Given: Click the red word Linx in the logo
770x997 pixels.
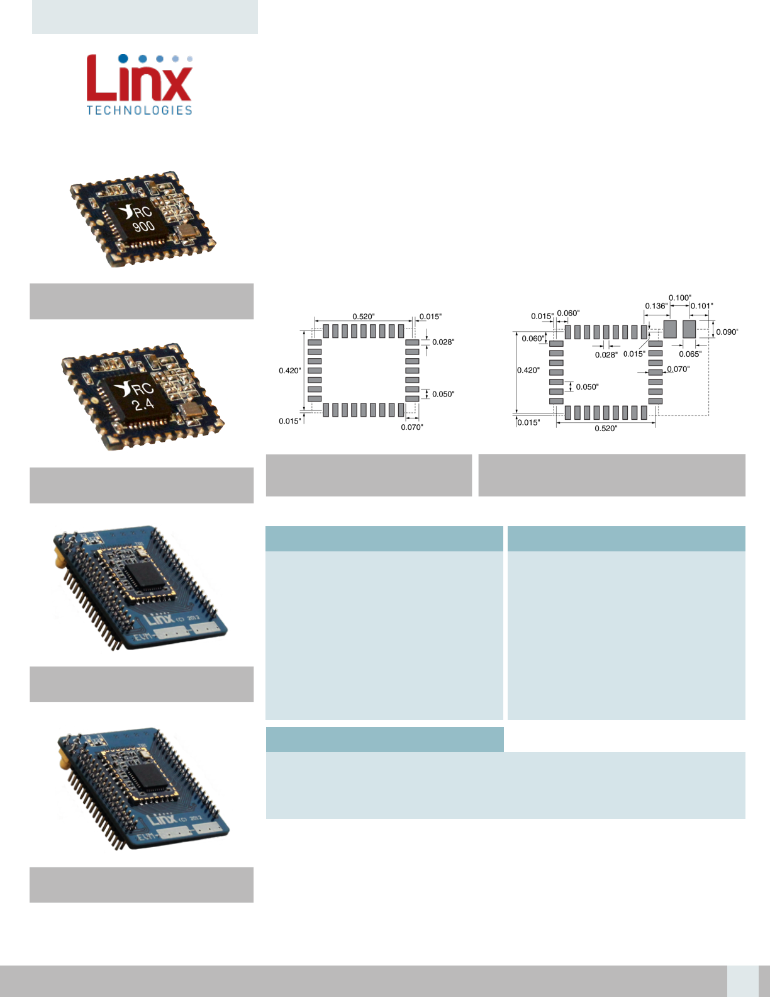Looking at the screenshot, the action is coord(139,78).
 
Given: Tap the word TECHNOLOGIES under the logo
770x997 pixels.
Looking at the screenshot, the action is coord(140,110).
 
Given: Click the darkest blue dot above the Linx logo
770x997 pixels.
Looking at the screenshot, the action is coord(123,59).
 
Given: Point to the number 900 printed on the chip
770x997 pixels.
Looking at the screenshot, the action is coord(143,226).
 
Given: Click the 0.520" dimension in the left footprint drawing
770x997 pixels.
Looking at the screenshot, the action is coord(363,317).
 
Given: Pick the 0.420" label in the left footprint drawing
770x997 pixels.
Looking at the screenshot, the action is coord(290,370).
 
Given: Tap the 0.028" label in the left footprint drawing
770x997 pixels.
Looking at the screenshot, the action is coord(443,342).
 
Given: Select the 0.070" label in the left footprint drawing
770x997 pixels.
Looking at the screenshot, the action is coord(412,427).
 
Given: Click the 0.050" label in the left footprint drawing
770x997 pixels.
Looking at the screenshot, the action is coord(443,394).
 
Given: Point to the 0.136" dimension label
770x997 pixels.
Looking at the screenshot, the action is coord(656,306).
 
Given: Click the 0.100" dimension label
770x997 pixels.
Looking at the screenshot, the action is coord(679,298).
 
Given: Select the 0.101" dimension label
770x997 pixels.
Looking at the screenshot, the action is coord(702,306).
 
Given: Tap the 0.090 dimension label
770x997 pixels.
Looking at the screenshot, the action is coord(727,332).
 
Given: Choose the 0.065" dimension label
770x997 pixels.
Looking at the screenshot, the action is coord(690,354).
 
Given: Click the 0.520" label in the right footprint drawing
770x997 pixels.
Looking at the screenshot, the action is coord(606,429).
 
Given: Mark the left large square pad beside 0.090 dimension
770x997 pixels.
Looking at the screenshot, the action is coord(670,329).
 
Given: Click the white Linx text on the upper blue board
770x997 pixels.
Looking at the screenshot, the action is coord(159,619).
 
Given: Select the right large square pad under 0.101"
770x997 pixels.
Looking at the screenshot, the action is coord(689,329).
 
